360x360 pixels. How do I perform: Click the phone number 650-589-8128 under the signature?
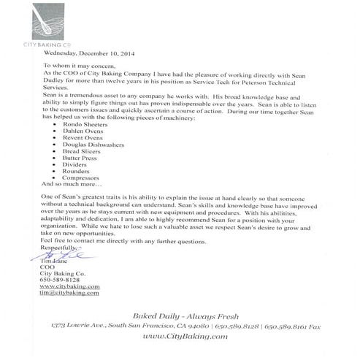(x=59, y=280)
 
